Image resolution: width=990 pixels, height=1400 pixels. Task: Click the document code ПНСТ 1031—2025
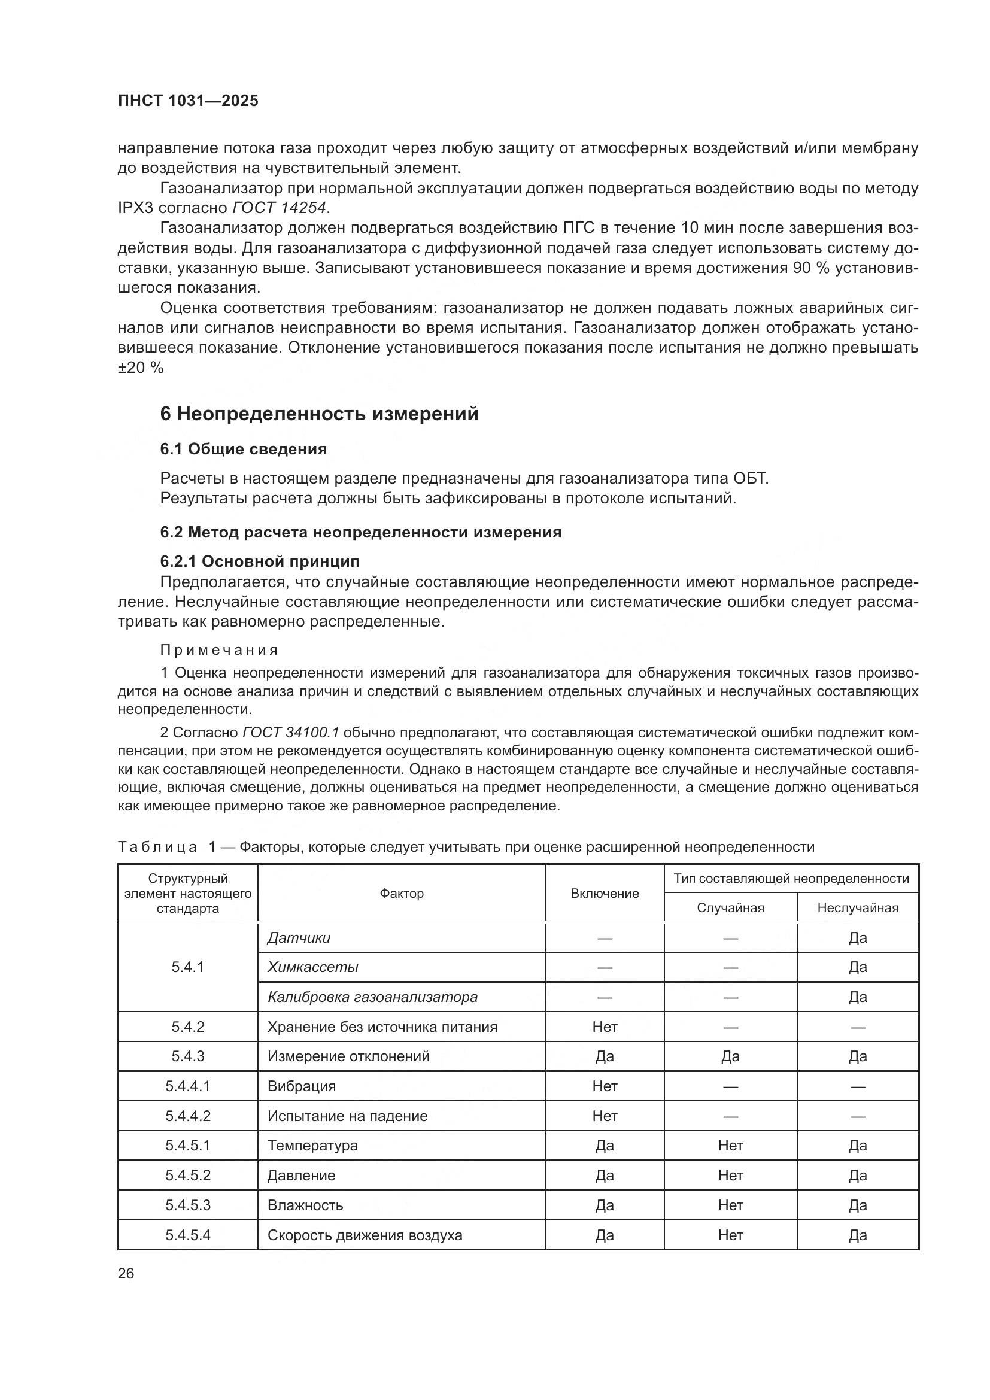coord(188,101)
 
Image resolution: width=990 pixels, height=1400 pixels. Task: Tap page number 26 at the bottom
coord(126,1273)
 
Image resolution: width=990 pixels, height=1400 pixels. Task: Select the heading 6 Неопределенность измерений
coord(319,414)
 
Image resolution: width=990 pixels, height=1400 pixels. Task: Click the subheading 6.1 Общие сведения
coord(243,449)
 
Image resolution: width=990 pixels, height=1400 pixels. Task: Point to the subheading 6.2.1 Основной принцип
coord(260,561)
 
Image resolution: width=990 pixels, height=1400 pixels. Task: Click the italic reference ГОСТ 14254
coord(280,208)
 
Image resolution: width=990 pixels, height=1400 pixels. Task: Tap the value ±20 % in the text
coord(140,368)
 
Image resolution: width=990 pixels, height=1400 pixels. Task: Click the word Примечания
coord(220,650)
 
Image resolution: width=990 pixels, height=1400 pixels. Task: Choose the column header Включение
coord(604,893)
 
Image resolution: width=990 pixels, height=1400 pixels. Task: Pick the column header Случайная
coord(730,908)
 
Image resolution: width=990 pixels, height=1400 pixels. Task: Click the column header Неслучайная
coord(857,908)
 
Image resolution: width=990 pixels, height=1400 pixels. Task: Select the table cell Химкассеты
coord(312,967)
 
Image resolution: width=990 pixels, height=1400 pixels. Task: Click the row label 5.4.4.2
coord(188,1116)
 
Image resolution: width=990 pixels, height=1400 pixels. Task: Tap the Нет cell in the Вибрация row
coord(604,1086)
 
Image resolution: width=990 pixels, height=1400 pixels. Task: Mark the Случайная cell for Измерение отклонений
coord(730,1056)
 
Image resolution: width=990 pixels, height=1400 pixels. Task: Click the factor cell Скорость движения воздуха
coord(365,1235)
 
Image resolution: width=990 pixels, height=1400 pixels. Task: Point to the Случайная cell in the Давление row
coord(730,1175)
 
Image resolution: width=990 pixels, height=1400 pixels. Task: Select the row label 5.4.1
coord(188,967)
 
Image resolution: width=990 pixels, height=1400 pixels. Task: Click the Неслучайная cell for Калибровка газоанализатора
coord(857,997)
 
